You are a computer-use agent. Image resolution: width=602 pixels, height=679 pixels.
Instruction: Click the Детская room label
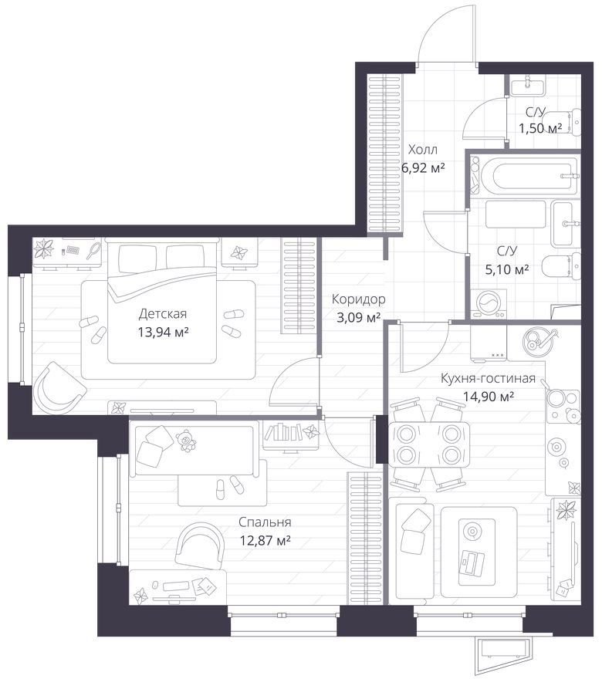162,313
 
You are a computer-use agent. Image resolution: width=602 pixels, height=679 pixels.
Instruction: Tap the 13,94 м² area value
163,332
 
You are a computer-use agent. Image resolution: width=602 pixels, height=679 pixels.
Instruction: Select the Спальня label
265,522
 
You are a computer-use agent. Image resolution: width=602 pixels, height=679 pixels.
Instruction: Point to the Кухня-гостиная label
488,378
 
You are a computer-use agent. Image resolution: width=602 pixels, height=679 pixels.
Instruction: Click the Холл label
423,150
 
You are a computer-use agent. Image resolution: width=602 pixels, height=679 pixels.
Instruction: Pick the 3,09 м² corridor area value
359,318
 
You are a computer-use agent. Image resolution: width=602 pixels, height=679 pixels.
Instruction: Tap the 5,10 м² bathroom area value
507,270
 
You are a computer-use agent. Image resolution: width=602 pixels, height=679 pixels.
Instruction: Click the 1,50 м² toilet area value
540,128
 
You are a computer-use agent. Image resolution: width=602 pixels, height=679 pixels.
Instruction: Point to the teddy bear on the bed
186,441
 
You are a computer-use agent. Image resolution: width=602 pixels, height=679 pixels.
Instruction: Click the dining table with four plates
430,444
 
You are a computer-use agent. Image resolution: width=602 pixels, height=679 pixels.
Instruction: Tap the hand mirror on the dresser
93,251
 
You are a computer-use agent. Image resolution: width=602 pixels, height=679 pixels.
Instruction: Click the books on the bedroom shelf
283,432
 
